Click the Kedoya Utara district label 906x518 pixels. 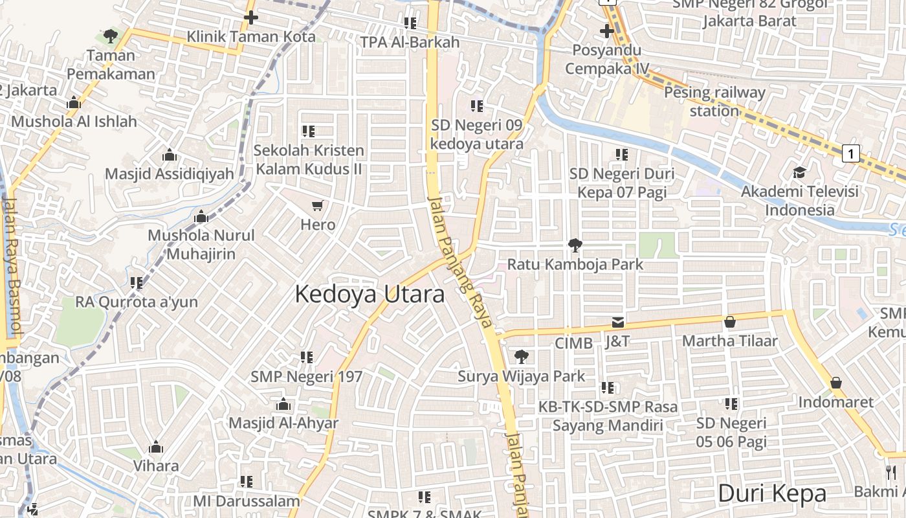pos(370,294)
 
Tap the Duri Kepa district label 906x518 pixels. pos(772,493)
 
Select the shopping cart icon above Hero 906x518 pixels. pos(317,206)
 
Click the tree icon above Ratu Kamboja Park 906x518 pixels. pos(575,245)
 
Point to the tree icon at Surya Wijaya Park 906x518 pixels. pos(521,356)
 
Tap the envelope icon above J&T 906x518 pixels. pos(618,322)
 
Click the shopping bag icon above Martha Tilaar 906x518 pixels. pos(730,321)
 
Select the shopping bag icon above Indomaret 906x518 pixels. pos(835,383)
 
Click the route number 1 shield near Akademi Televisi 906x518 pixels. pos(852,153)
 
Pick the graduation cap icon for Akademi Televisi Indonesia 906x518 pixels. pos(800,172)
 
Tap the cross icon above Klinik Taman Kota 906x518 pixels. pos(251,17)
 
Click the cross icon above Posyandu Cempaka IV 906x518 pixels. pos(606,30)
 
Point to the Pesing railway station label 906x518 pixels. pos(714,101)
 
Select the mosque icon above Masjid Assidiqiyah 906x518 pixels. pos(169,155)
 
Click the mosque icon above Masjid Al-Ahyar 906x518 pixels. pos(283,405)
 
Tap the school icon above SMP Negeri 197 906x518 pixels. pos(307,357)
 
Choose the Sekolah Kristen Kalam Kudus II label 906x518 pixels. pos(308,159)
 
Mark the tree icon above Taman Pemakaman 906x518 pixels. pos(111,36)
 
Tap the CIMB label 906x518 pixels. pos(573,343)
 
